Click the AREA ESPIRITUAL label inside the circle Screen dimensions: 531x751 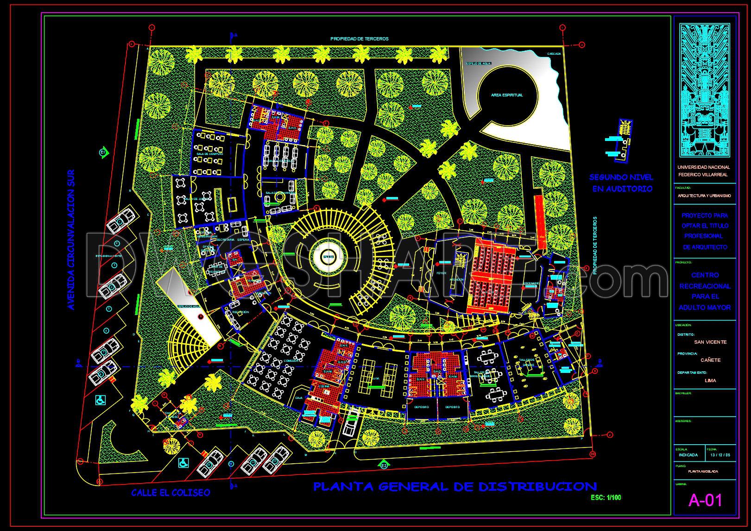[507, 95]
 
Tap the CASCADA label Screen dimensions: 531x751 [553, 54]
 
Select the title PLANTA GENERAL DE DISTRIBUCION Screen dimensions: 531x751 [454, 486]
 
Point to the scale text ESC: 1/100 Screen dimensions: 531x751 [606, 498]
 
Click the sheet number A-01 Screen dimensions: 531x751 [705, 500]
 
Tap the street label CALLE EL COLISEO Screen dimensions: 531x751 [170, 493]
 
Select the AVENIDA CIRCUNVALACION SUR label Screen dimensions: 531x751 [71, 239]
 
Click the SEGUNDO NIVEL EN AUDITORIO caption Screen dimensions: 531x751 [621, 183]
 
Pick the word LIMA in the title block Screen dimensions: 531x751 [710, 380]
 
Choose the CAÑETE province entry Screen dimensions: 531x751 [710, 360]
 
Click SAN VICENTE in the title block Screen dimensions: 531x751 [710, 342]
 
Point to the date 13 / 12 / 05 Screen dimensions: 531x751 [720, 455]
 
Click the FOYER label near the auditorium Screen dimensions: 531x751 [441, 273]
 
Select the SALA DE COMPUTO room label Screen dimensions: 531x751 [210, 154]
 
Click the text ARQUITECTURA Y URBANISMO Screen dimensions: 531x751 [704, 196]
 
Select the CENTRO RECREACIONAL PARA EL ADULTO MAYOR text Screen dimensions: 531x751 [704, 291]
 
